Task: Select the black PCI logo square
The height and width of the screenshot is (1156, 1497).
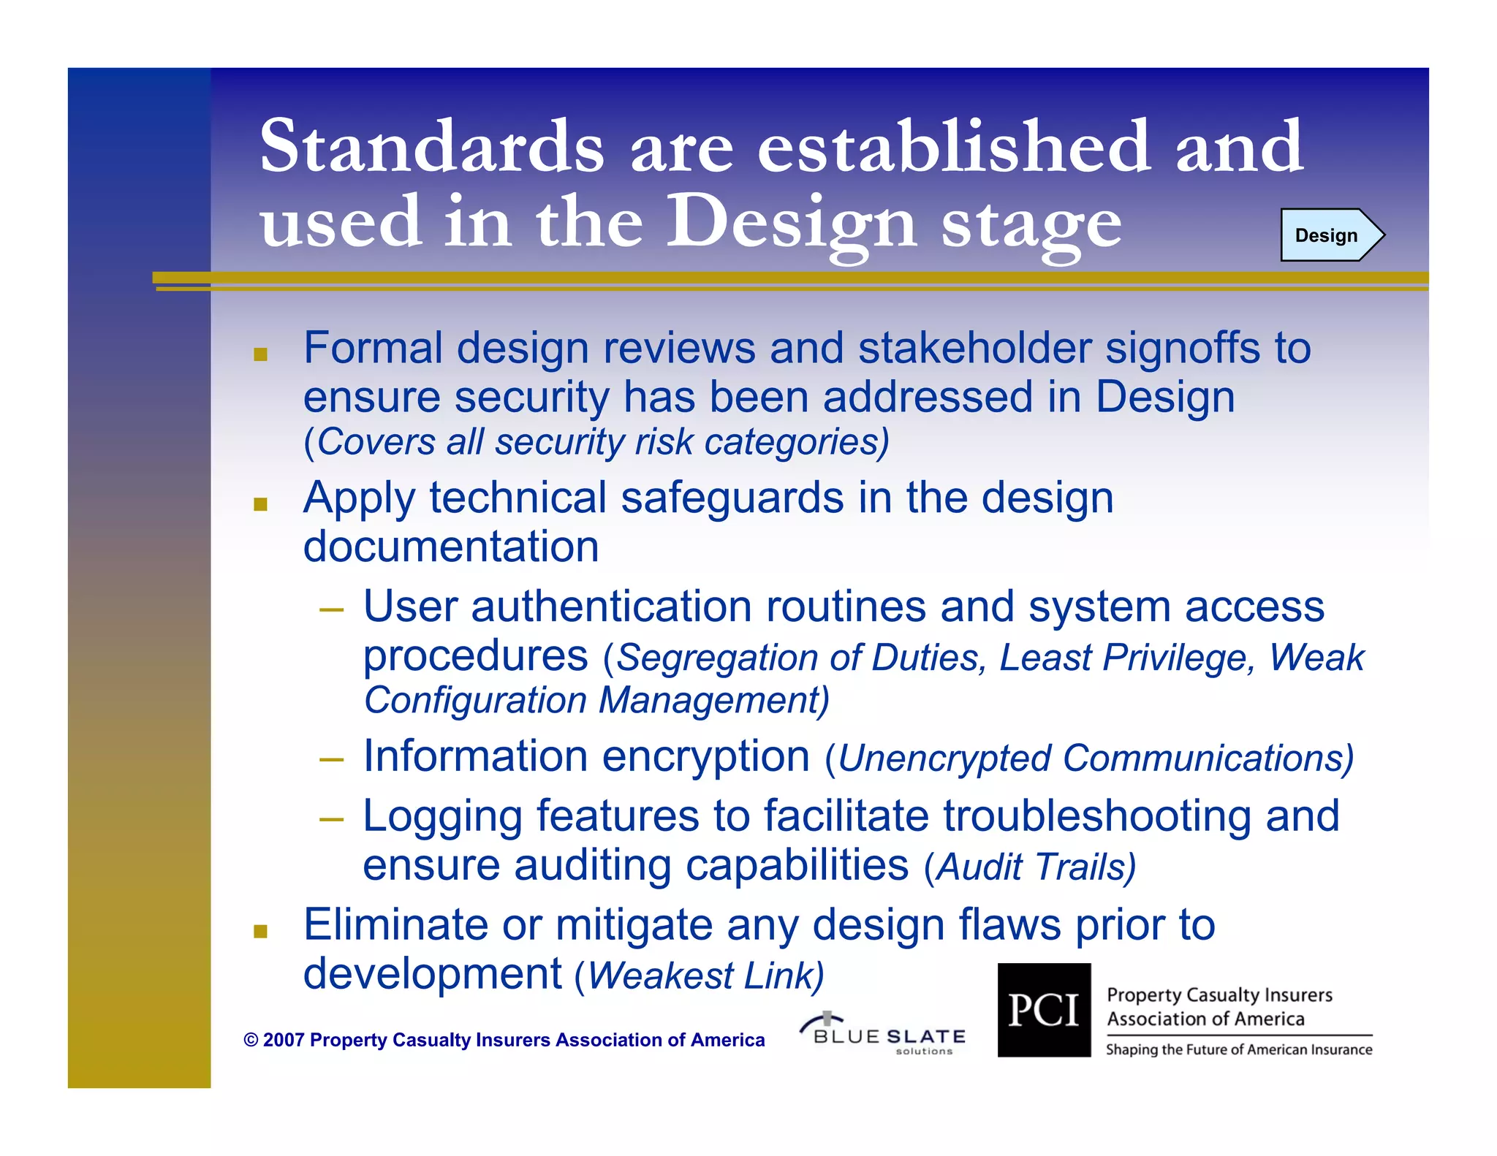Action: (1044, 1010)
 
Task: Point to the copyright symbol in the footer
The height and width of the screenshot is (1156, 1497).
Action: (251, 1041)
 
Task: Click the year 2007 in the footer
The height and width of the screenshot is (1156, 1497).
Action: (284, 1041)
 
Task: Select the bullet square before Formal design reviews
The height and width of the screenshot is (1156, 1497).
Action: (260, 355)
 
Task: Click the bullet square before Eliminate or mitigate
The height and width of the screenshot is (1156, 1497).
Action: (260, 931)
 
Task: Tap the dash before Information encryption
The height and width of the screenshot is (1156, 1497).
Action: (331, 760)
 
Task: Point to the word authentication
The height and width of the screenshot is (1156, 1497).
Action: (611, 606)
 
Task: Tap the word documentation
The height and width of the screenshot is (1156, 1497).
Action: (450, 547)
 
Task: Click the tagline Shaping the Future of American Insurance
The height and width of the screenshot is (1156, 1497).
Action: (1238, 1050)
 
